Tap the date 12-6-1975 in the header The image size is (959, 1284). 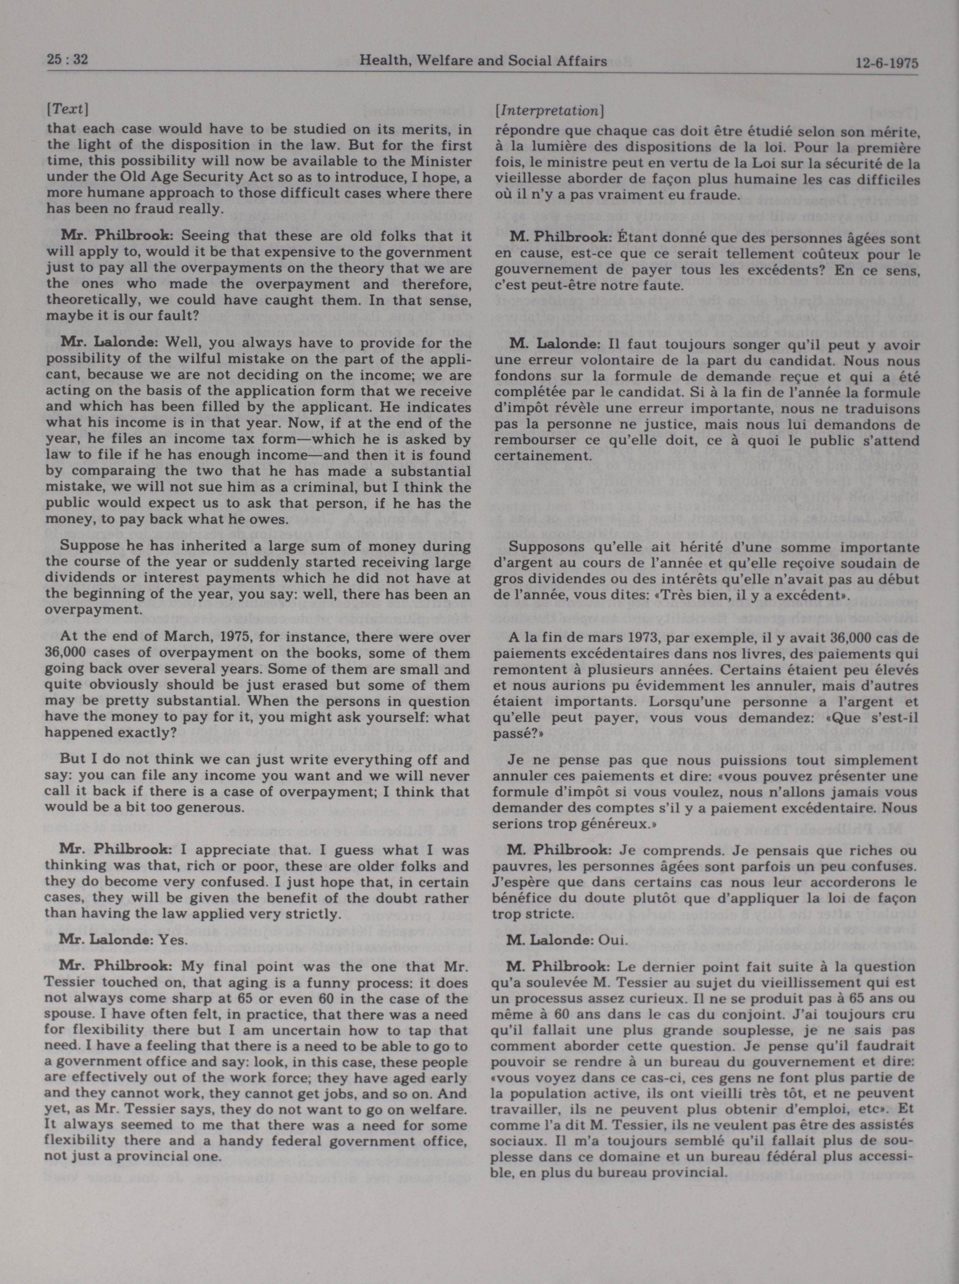pos(886,63)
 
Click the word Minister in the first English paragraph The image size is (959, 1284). pos(444,161)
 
